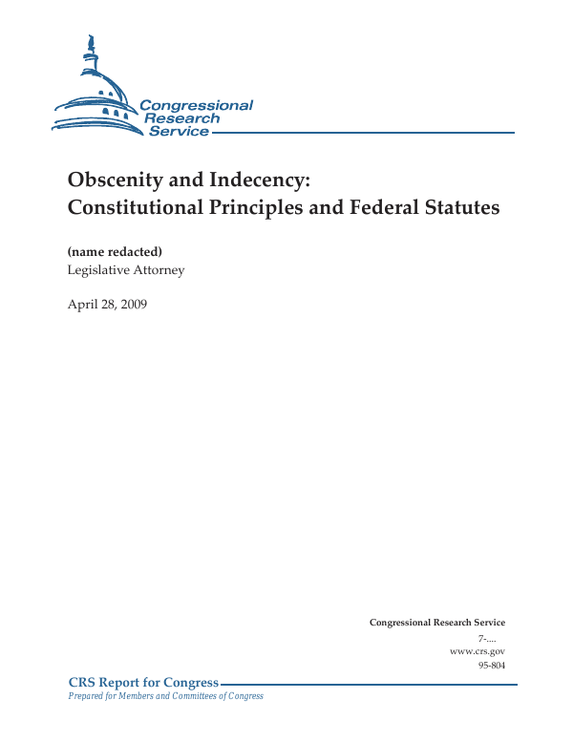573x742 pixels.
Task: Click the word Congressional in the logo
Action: pyautogui.click(x=196, y=106)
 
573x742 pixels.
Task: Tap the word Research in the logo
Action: pyautogui.click(x=182, y=118)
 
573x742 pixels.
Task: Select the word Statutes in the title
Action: pyautogui.click(x=462, y=207)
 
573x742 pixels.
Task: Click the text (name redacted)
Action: pyautogui.click(x=115, y=252)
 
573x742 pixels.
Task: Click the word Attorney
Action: pyautogui.click(x=158, y=269)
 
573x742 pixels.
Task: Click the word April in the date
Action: pyautogui.click(x=81, y=305)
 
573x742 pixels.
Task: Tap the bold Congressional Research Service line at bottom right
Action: pyautogui.click(x=436, y=623)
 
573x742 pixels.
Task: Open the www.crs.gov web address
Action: pyautogui.click(x=477, y=650)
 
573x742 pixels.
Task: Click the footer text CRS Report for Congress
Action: pyautogui.click(x=143, y=683)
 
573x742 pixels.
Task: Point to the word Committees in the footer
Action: pyautogui.click(x=196, y=696)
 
